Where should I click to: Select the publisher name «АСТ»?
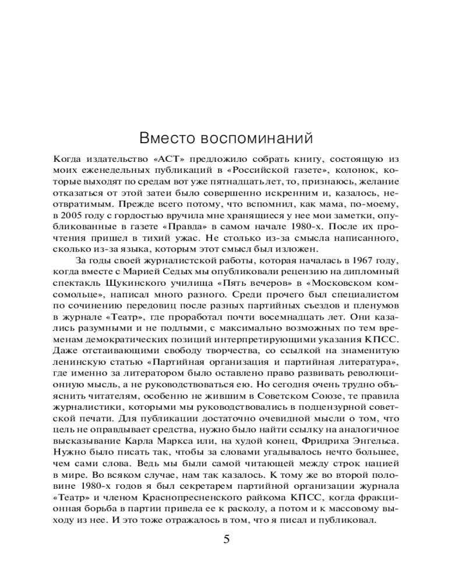(x=165, y=158)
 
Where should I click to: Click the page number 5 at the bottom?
(x=227, y=539)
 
